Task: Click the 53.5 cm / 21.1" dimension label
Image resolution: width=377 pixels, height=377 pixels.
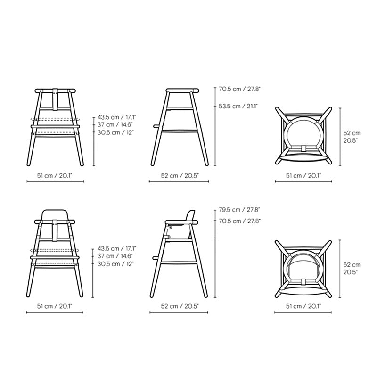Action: pos(238,106)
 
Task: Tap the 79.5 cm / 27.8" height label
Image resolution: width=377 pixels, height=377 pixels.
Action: pos(239,210)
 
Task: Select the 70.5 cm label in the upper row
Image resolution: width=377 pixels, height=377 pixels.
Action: pos(239,89)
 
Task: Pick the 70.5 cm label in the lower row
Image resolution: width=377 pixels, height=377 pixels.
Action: pos(239,221)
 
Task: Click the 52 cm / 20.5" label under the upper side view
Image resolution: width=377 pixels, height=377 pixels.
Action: pos(180,176)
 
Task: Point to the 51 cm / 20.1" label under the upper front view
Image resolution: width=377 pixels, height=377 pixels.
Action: pos(55,176)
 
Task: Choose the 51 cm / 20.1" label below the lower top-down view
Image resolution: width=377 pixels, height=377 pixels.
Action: pos(303,306)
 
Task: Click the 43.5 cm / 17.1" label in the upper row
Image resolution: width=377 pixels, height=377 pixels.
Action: pos(116,117)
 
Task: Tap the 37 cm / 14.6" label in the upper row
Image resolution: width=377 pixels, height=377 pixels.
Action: pos(115,125)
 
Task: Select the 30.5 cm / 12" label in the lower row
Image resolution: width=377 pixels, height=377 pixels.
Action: pos(115,264)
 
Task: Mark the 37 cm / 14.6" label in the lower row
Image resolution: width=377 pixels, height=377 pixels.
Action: pos(115,256)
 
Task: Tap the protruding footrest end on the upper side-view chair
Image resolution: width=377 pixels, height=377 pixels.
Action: pos(156,126)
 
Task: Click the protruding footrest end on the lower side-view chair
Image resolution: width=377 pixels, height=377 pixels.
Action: pos(156,258)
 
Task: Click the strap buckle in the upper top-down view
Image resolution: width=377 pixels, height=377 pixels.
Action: pos(303,148)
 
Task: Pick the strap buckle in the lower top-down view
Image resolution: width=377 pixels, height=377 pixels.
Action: pos(303,281)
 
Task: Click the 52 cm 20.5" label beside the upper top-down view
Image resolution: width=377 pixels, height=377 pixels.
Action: pos(352,137)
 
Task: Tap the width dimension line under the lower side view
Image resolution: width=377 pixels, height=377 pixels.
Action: pos(179,312)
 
